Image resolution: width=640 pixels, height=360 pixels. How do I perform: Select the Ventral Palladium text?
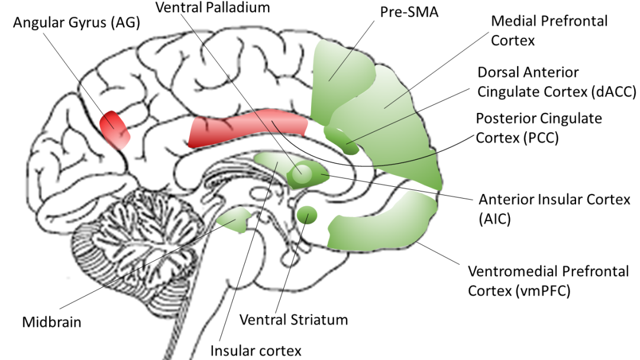(212, 8)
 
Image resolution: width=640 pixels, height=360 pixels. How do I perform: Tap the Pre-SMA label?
(410, 11)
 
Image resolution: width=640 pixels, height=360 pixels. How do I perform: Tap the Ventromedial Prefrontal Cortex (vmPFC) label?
(548, 281)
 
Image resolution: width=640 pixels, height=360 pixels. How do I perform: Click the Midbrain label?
(51, 322)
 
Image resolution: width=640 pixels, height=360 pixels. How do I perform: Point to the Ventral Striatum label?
(293, 320)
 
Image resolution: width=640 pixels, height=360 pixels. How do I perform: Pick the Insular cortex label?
(256, 350)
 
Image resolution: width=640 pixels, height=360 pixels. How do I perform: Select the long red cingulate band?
(248, 131)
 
